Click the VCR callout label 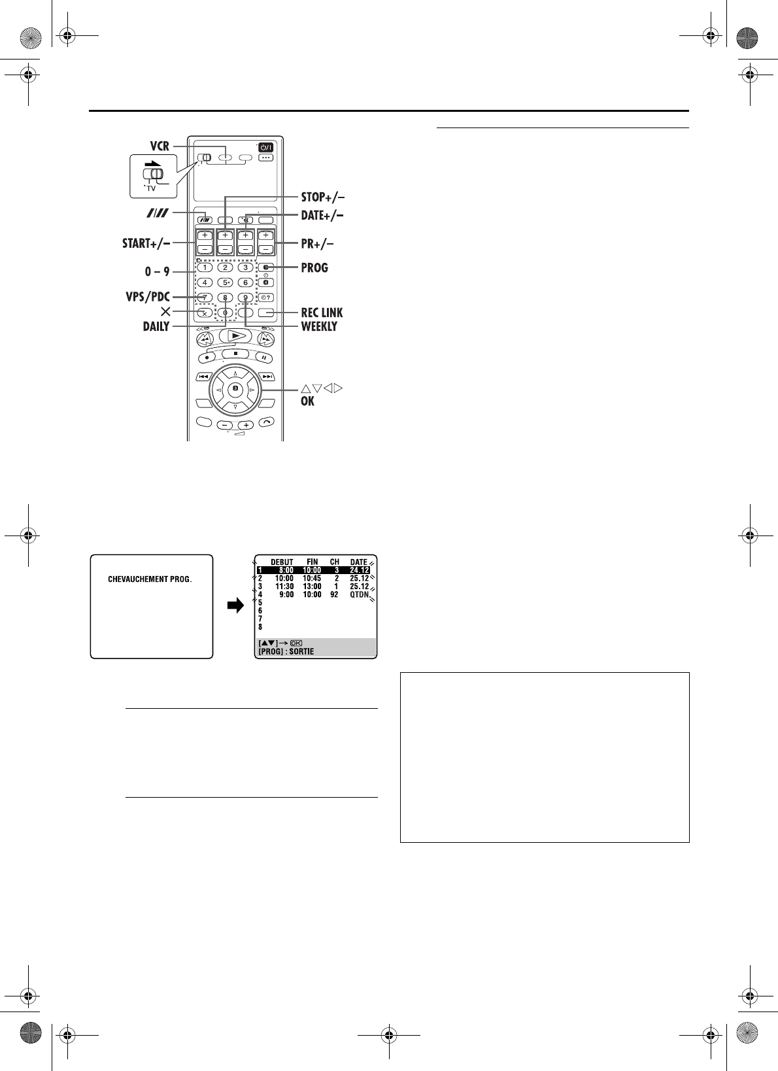(x=160, y=146)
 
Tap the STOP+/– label (x=323, y=197)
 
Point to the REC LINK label (x=322, y=313)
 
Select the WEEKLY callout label (x=319, y=326)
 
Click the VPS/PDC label (x=148, y=297)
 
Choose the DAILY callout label (x=156, y=326)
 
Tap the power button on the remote (x=266, y=148)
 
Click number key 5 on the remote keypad (x=225, y=282)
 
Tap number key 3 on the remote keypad (x=245, y=268)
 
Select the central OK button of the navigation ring (x=235, y=389)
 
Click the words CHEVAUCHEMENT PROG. (x=150, y=579)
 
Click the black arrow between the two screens (x=235, y=605)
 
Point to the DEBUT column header (x=282, y=562)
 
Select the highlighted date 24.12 (x=359, y=570)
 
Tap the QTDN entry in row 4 (x=359, y=595)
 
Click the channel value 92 (x=334, y=595)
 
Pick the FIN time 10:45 (x=312, y=579)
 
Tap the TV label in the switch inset (x=151, y=188)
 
